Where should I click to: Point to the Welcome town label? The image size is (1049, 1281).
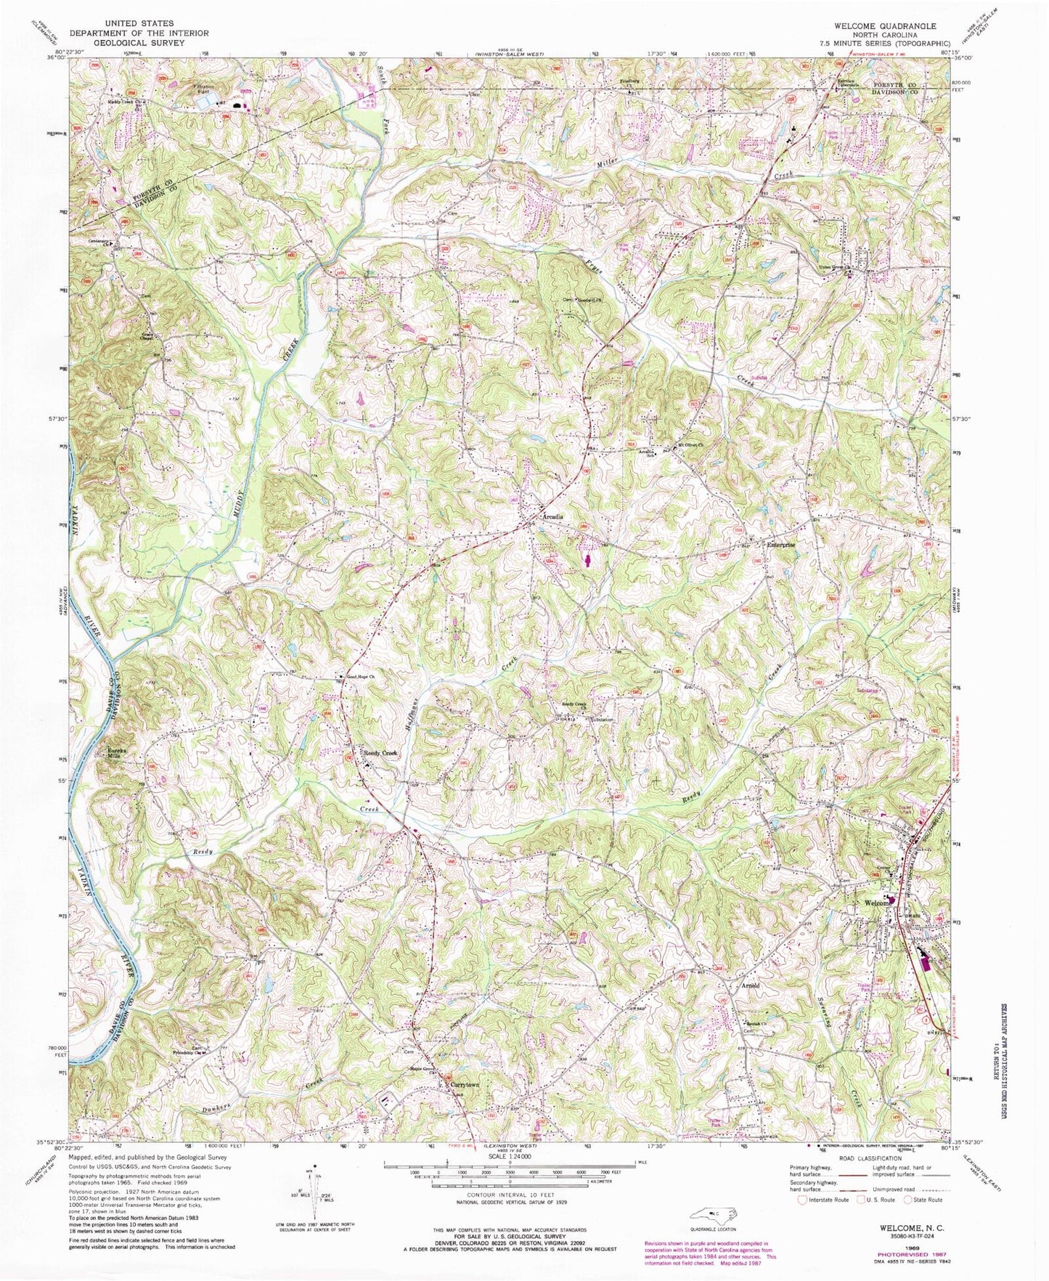pyautogui.click(x=876, y=903)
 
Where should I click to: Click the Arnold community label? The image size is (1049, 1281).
pyautogui.click(x=750, y=985)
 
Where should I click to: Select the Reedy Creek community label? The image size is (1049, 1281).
pyautogui.click(x=380, y=753)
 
